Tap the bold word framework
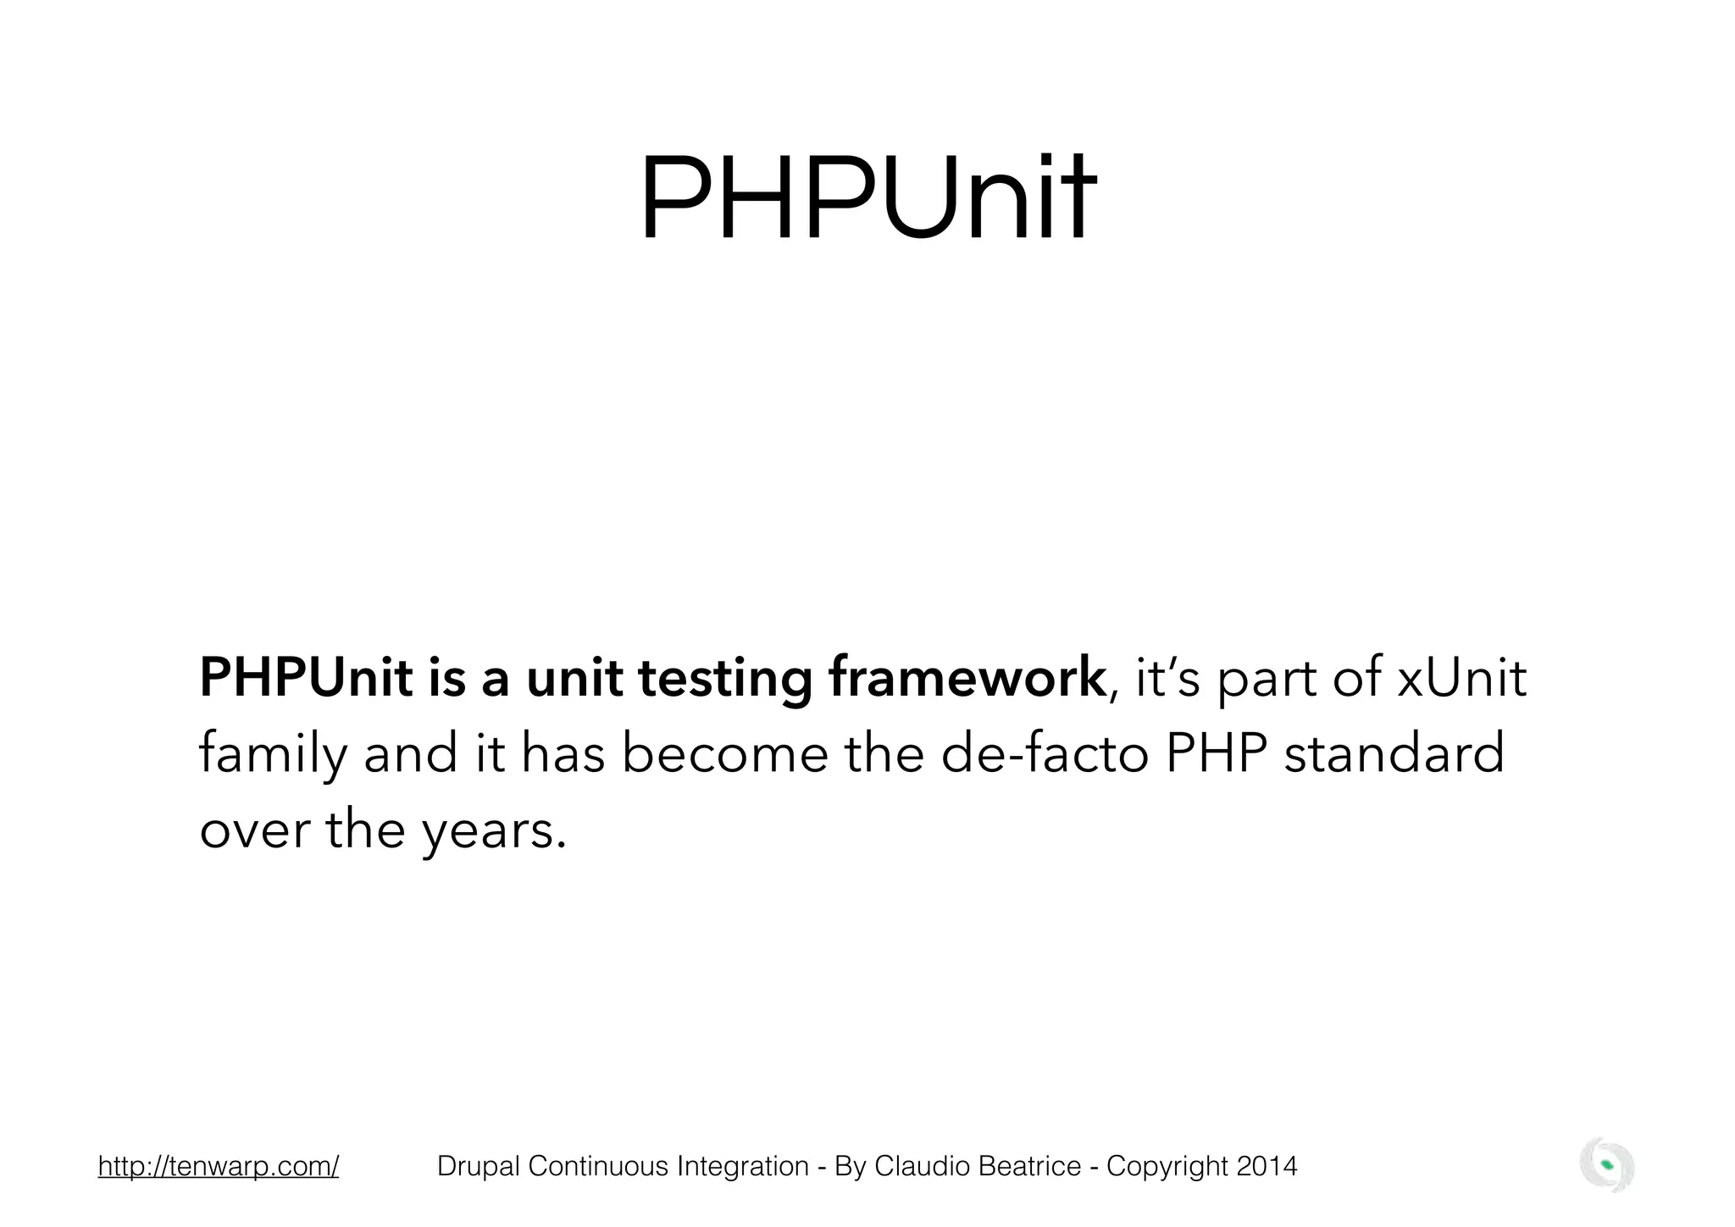tap(967, 679)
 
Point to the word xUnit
tap(1461, 679)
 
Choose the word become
tap(724, 754)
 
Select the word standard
tap(1394, 754)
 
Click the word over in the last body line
tap(254, 830)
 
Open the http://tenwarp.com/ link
tap(219, 1167)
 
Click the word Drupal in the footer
tap(479, 1167)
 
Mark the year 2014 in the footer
tap(1267, 1167)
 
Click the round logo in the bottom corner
tap(1607, 1165)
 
